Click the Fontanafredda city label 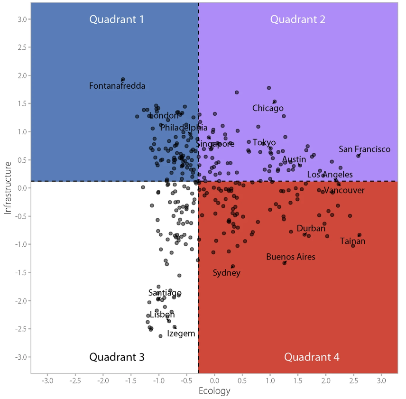tap(117, 86)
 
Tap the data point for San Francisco tap(359, 156)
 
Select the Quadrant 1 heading tap(117, 19)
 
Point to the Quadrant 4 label tap(312, 357)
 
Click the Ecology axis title tap(214, 391)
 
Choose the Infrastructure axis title tap(8, 188)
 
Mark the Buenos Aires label tap(290, 257)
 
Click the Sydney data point tap(232, 266)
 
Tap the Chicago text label tap(268, 109)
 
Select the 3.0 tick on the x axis tap(381, 380)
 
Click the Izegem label tap(181, 334)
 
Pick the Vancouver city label tap(344, 191)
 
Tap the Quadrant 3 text tap(117, 357)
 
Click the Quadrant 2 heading tap(297, 19)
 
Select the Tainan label tap(352, 241)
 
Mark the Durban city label tap(311, 229)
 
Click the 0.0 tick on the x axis tap(214, 380)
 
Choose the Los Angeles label tap(330, 175)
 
